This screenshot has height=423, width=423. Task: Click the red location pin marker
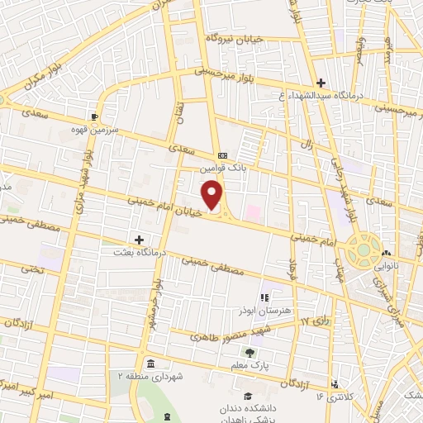[x=213, y=196]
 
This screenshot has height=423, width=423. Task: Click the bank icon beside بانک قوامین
[x=221, y=154]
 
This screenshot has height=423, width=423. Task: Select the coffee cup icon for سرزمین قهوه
[x=95, y=117]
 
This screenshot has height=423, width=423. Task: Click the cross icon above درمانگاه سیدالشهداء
[x=321, y=82]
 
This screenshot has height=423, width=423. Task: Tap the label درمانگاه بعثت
[x=140, y=252]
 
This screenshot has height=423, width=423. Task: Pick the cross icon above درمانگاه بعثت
[x=140, y=240]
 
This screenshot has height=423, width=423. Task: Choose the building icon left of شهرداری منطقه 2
[x=150, y=364]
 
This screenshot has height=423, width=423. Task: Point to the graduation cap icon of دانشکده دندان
[x=249, y=394]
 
